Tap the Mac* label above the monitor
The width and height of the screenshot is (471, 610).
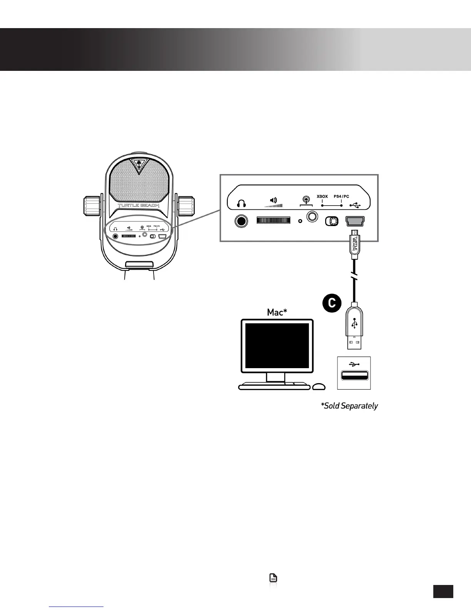tap(277, 312)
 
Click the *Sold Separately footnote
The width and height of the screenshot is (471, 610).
tap(349, 406)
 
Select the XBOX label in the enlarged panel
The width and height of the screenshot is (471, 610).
tap(322, 196)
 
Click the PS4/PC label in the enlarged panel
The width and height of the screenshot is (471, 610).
tap(341, 196)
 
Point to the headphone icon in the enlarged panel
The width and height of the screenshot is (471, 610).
tap(241, 203)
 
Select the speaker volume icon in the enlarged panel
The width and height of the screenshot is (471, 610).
tap(273, 201)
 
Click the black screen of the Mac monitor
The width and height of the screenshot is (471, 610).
tap(277, 346)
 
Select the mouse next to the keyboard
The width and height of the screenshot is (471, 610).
tap(319, 387)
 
